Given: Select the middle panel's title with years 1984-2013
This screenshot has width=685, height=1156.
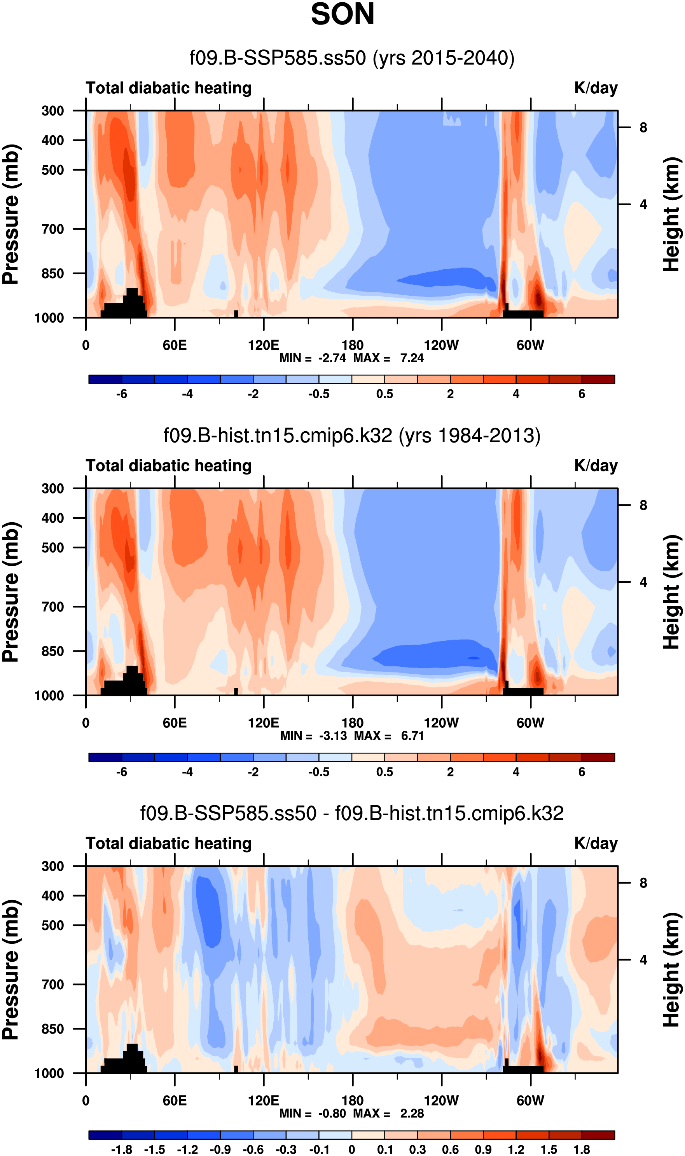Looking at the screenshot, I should (352, 436).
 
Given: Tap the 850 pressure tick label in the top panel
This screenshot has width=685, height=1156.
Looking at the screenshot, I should (52, 274).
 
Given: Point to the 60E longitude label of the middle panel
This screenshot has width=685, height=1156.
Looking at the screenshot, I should (175, 723).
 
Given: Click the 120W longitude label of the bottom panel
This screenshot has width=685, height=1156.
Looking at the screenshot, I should (441, 1101).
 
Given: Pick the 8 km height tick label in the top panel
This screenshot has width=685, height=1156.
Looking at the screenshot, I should (643, 128).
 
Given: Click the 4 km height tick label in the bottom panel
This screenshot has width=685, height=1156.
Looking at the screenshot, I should (643, 960).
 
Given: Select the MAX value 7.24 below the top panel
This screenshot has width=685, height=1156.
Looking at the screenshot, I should (412, 358).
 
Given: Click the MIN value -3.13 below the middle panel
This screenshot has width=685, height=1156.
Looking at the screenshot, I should (333, 736).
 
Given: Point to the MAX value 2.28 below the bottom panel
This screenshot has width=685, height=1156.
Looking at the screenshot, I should (412, 1114).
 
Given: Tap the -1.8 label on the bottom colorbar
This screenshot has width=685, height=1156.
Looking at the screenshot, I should (121, 1149).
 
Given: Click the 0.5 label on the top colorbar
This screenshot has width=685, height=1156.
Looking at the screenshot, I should (384, 394).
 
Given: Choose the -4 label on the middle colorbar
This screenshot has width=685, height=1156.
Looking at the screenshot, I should (187, 772).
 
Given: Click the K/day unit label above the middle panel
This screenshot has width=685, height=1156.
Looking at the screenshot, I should (596, 466).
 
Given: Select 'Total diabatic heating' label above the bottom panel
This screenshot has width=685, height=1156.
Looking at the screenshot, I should (168, 844).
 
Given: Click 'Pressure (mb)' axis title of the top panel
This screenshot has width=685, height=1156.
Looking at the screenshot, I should (11, 214).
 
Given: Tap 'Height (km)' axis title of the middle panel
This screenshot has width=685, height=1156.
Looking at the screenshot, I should (672, 592).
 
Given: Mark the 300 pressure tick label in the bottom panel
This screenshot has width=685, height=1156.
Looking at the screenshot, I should (52, 866).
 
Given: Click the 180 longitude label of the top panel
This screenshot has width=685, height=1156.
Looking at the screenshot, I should (352, 345).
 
